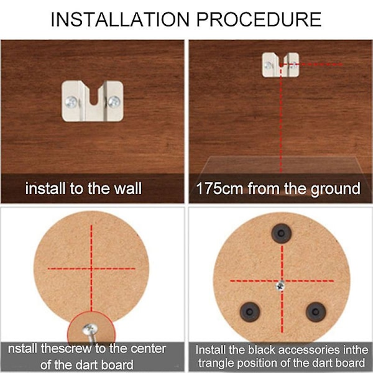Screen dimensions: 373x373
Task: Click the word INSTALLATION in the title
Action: point(120,19)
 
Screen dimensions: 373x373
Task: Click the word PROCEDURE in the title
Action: point(259,19)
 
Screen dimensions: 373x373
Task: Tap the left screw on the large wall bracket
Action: point(71,102)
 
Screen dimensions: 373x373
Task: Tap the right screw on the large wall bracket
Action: point(114,101)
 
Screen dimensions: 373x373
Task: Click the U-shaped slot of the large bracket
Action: point(94,95)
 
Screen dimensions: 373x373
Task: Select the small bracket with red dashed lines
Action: point(280,65)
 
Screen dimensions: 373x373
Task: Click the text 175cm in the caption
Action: point(219,188)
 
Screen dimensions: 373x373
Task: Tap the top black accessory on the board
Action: point(282,233)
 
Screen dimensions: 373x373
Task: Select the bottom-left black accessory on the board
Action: point(250,312)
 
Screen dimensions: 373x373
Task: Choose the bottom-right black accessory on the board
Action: point(316,312)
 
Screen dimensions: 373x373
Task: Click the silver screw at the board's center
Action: point(281,286)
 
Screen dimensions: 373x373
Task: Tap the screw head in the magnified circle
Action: point(90,329)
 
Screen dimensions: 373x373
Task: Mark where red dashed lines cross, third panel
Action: point(91,269)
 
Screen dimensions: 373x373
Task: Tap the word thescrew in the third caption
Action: point(66,349)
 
